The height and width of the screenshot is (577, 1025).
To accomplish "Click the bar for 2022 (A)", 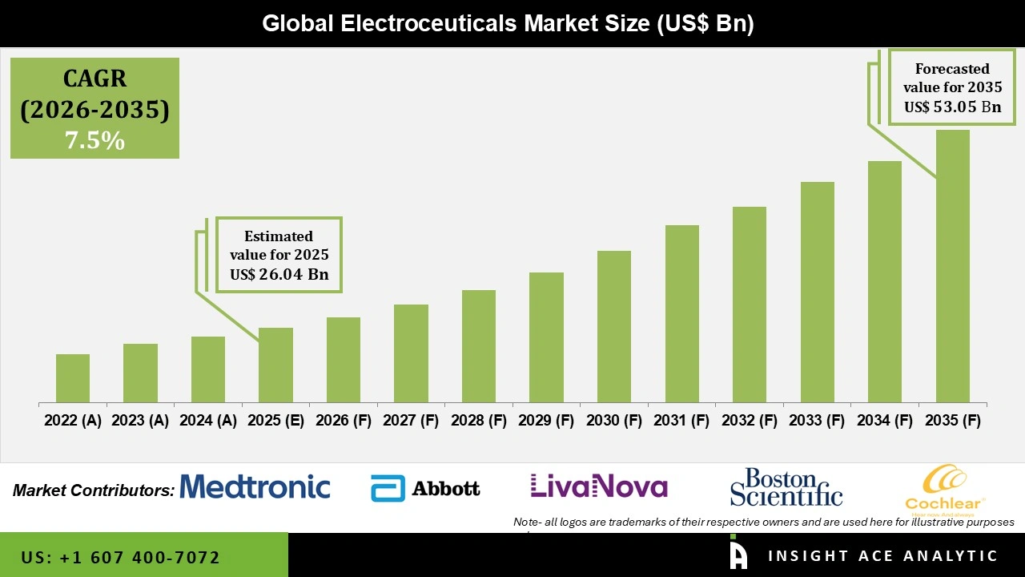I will [x=73, y=378].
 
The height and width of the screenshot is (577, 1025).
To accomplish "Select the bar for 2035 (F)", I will [x=952, y=266].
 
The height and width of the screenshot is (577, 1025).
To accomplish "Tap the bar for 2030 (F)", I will [x=613, y=326].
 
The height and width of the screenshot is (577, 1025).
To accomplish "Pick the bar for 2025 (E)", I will [x=275, y=365].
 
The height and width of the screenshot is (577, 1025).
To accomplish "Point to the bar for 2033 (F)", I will [x=817, y=292].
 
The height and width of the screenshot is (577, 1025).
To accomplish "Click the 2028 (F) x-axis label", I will [x=479, y=421].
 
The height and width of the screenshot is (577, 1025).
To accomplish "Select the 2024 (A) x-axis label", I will [x=208, y=421].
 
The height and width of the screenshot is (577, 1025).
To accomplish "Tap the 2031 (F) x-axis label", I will [x=681, y=421].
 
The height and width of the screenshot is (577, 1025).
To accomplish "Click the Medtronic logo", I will [x=255, y=486].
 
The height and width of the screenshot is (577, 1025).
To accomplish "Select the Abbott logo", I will [x=425, y=488].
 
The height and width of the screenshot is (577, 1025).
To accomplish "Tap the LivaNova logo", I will [x=598, y=486].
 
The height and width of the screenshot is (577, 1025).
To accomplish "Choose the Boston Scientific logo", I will [x=786, y=487].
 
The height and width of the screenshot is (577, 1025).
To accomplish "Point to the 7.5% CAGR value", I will [x=94, y=141].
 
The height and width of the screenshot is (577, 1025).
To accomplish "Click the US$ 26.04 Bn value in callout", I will [x=279, y=274].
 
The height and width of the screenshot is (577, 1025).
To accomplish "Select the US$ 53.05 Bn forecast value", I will [x=952, y=107].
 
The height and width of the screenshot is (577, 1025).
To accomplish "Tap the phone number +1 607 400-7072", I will [x=120, y=557].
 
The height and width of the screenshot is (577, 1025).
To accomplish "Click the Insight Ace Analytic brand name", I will [x=882, y=556].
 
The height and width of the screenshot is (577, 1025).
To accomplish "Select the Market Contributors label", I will [x=94, y=490].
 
